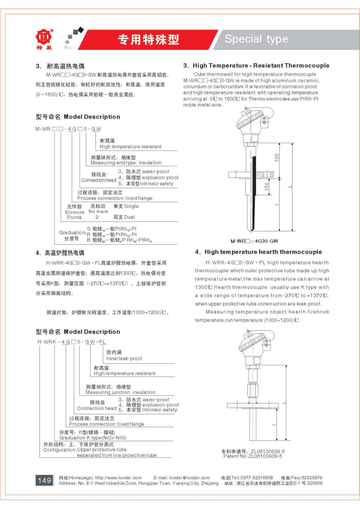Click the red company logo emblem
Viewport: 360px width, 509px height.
click(44, 36)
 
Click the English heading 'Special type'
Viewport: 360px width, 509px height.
click(256, 39)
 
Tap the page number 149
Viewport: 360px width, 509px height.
click(44, 480)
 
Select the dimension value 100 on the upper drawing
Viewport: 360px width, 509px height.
click(276, 157)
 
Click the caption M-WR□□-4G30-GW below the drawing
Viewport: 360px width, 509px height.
click(254, 241)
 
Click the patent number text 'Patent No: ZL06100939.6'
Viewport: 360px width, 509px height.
click(252, 456)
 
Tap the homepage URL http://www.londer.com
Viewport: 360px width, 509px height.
click(118, 478)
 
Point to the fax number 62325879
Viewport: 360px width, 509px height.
click(311, 478)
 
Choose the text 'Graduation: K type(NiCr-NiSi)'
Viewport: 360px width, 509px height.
click(93, 438)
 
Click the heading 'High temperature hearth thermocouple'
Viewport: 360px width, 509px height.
click(263, 252)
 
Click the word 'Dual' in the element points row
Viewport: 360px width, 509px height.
click(129, 217)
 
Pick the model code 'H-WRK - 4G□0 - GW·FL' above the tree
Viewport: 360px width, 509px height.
click(72, 342)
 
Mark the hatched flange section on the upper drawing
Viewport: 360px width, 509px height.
click(260, 175)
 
